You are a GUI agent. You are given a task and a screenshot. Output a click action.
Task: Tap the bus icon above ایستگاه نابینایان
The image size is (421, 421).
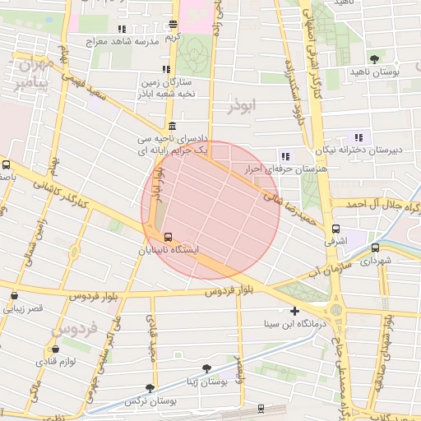click(168, 236)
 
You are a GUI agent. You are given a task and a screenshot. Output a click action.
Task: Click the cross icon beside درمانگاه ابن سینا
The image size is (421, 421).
click(295, 312)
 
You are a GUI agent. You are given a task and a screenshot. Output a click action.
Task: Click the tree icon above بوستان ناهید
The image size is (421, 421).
click(375, 59)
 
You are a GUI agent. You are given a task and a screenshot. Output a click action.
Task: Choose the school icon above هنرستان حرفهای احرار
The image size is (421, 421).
click(285, 156)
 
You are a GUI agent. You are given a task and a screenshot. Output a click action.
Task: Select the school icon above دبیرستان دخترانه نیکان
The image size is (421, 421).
click(358, 137)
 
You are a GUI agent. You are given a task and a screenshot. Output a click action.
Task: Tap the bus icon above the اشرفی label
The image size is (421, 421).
click(335, 229)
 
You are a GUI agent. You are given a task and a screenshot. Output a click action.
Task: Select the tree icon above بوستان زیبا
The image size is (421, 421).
click(206, 369)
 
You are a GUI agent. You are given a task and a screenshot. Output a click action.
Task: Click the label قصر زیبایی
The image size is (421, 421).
click(24, 308)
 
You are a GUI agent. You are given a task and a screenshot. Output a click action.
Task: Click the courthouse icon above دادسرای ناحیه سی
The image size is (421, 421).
click(171, 126)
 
